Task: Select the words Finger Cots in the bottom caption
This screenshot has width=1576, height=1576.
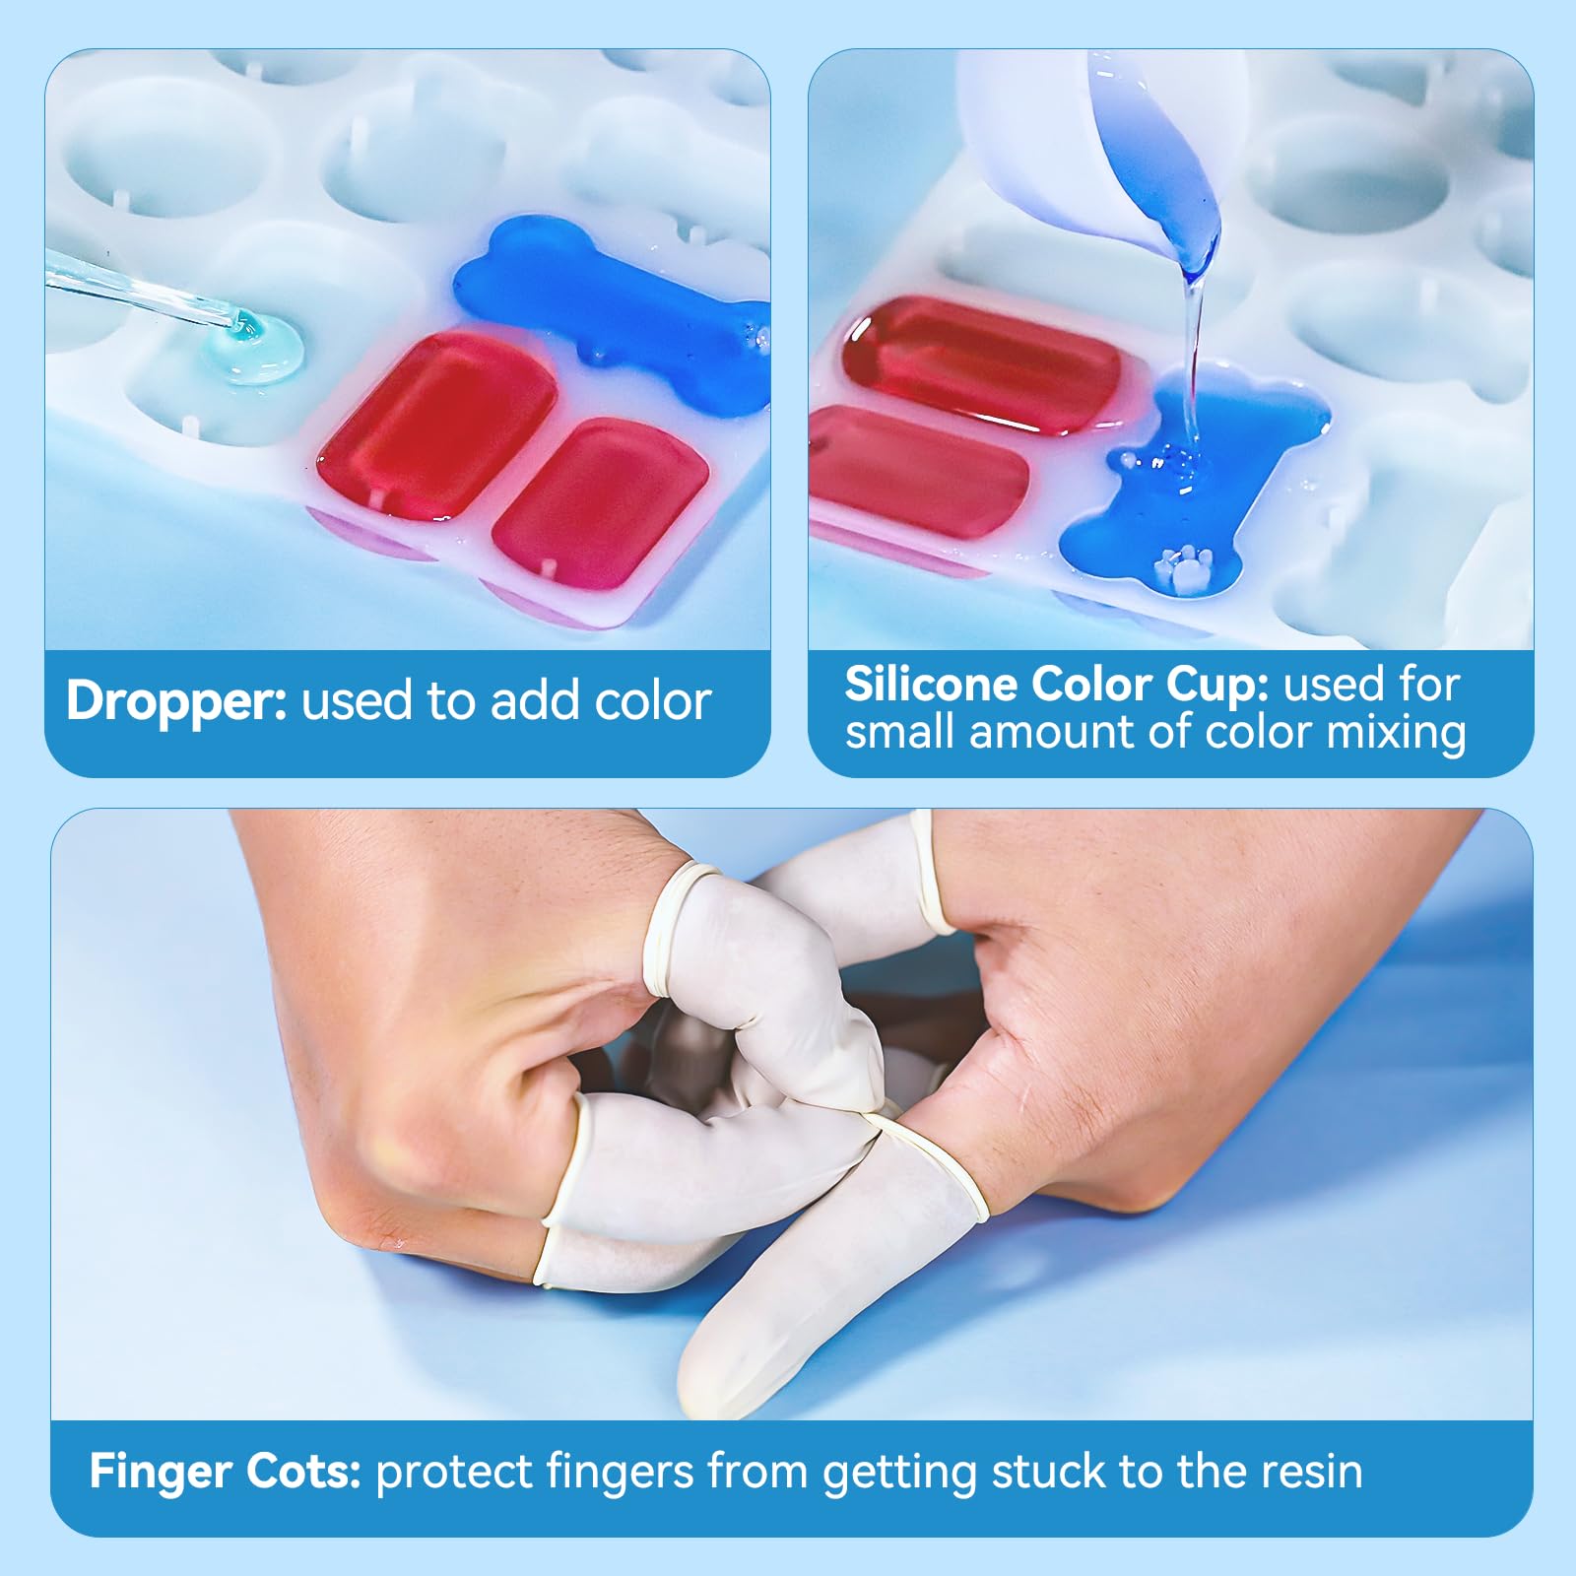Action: (x=226, y=1472)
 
